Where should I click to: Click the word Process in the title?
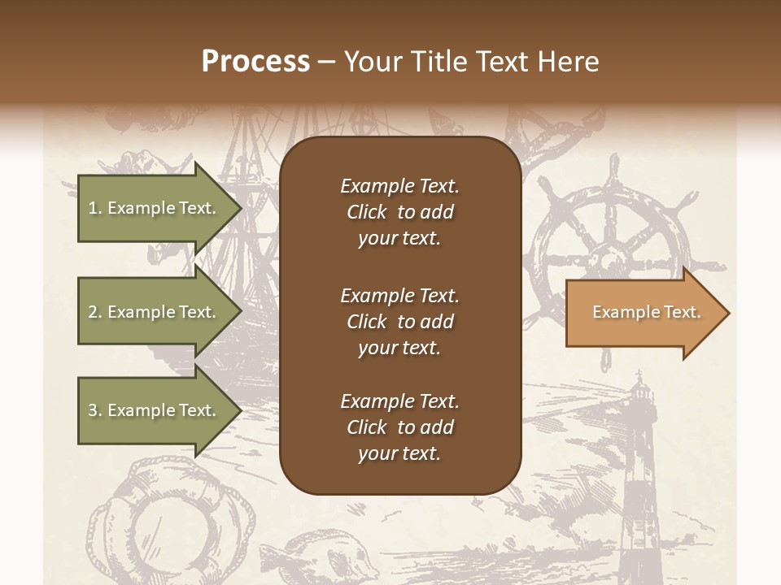pos(255,62)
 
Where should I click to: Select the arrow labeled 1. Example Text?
pos(155,208)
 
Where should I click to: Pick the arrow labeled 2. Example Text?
pos(155,312)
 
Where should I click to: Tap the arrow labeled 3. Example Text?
pos(155,410)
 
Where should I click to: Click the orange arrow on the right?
pos(643,313)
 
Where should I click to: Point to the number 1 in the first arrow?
pos(92,208)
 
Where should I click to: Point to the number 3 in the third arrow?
pos(92,410)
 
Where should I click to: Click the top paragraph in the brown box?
pos(399,212)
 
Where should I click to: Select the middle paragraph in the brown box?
pos(399,321)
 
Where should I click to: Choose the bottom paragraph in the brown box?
pos(399,427)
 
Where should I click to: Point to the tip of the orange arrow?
pos(727,313)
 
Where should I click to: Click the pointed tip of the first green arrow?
pos(240,208)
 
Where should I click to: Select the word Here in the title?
pos(573,62)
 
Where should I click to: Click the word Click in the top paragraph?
pos(367,212)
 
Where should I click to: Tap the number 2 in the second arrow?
pos(92,312)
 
